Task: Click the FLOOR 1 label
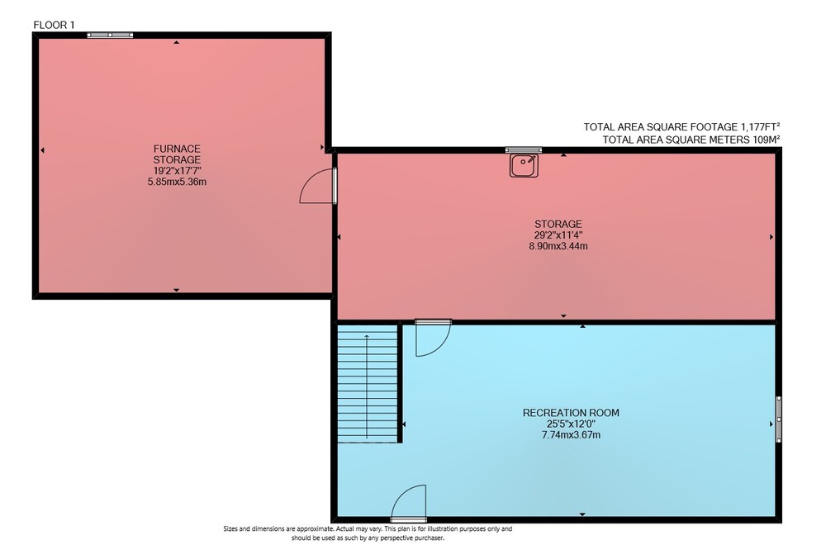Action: (54, 25)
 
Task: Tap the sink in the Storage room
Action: (524, 165)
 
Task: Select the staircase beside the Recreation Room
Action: (368, 384)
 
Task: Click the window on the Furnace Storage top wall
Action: (110, 36)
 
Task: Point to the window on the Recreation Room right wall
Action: (779, 419)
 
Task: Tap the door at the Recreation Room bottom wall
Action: (409, 503)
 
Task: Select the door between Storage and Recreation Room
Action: (433, 338)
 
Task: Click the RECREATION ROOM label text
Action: (571, 413)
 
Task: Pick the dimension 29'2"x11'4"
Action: (558, 234)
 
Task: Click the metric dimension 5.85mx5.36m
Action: (177, 182)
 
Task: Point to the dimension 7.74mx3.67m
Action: (571, 435)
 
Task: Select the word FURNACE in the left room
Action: (177, 149)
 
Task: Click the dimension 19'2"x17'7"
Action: (177, 171)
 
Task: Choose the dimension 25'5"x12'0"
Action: (571, 424)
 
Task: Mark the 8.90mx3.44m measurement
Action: (558, 246)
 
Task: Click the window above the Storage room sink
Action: (524, 150)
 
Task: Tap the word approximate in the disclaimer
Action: (314, 528)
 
